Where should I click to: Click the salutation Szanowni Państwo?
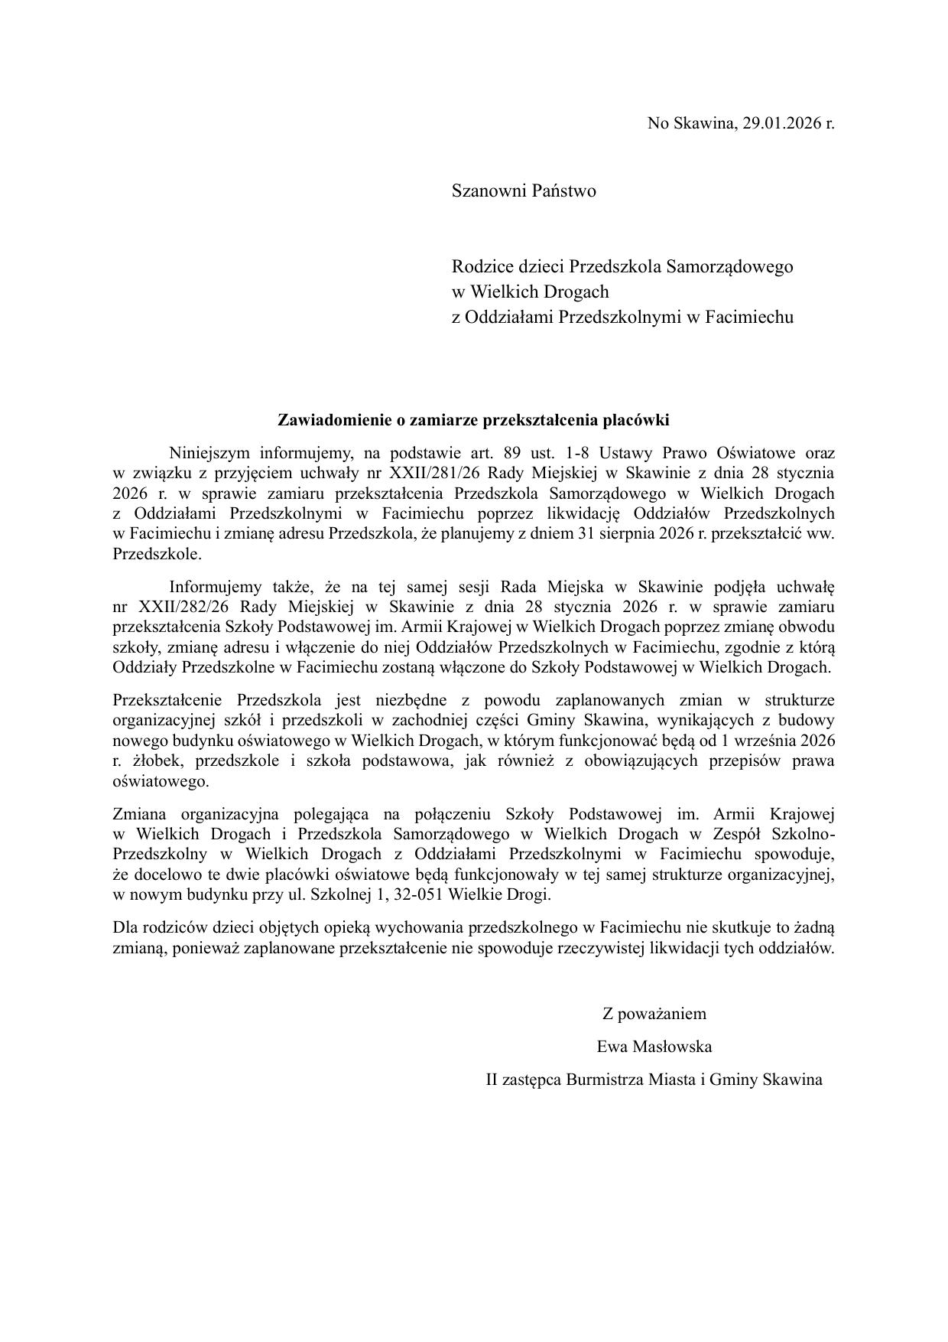(x=524, y=191)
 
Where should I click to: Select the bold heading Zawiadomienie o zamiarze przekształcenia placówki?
(x=473, y=420)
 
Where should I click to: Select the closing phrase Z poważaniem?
(x=654, y=1014)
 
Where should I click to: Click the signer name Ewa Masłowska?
(x=654, y=1046)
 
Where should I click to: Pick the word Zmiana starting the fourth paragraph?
(x=138, y=813)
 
